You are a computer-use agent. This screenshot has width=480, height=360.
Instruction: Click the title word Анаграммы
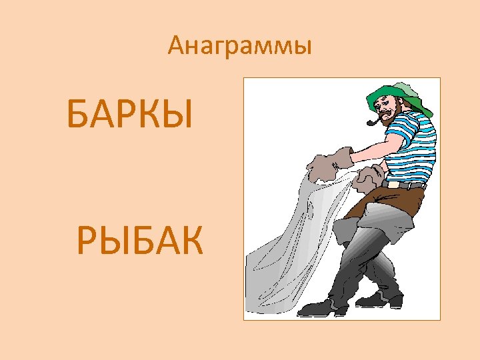coord(240,45)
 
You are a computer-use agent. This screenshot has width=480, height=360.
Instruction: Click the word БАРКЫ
coord(130,114)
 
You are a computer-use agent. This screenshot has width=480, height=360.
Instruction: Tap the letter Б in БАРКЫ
coord(79,114)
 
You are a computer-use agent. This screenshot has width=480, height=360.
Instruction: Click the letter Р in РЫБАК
coord(88,241)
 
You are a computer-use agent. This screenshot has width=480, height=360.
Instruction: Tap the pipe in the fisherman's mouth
coord(374,122)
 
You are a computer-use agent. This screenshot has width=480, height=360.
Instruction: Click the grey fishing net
coord(293,240)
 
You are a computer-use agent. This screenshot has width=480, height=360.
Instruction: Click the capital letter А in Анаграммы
coord(176,45)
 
